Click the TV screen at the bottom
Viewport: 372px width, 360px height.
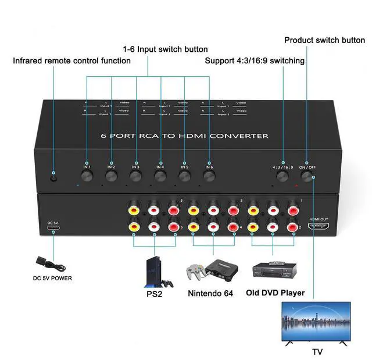[x=316, y=323]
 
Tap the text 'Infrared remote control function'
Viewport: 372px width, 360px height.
[x=71, y=60]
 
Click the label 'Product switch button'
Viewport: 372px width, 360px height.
[x=324, y=40]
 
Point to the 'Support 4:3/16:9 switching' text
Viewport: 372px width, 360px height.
[x=255, y=60]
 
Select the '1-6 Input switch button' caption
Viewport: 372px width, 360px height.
[x=164, y=49]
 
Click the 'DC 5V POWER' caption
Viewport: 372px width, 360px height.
[x=52, y=278]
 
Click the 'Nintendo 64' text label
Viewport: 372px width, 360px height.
[x=210, y=293]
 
